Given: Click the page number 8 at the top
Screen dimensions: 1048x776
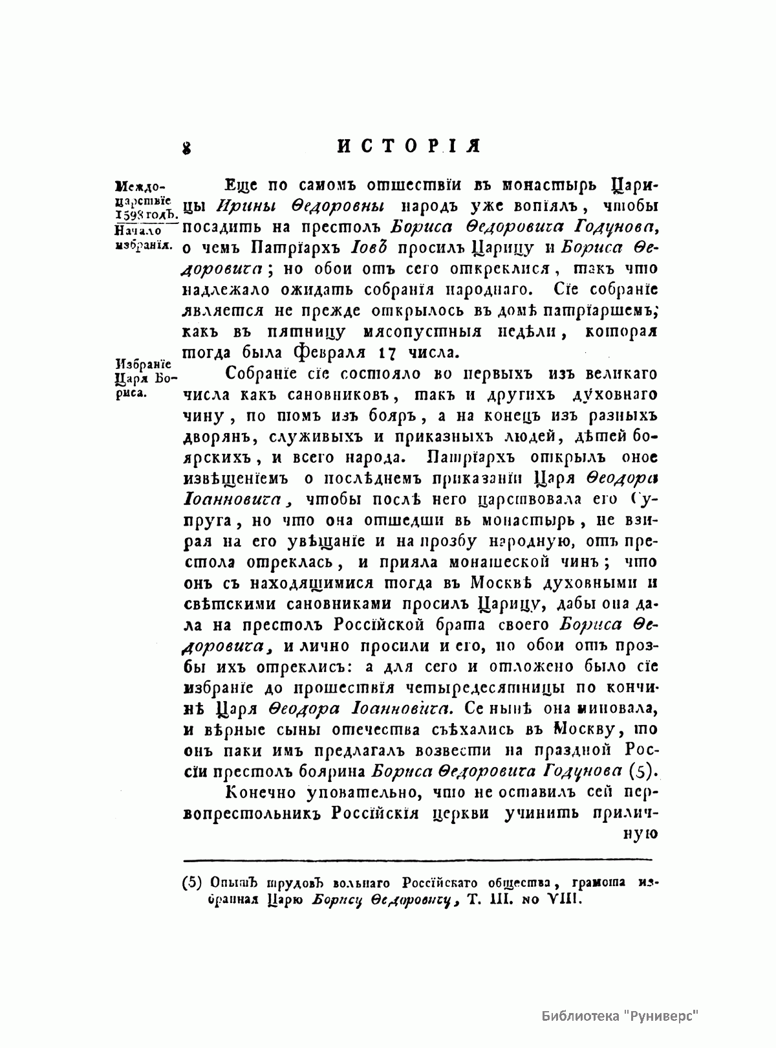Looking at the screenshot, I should (188, 148).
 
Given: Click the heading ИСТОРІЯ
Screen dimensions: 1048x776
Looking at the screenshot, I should (410, 146).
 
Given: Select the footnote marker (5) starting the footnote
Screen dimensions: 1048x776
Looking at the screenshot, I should (193, 882).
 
